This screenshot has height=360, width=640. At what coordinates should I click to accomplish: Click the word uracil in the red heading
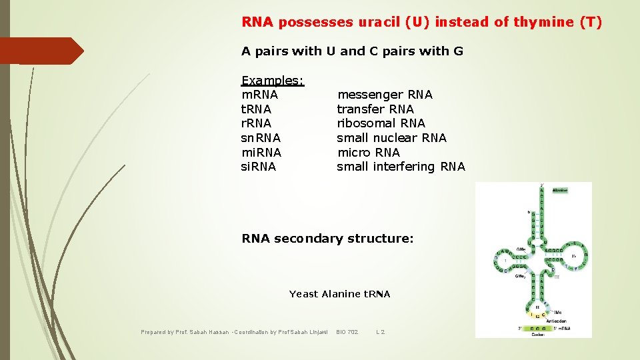375,22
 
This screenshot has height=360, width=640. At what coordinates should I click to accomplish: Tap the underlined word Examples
272,80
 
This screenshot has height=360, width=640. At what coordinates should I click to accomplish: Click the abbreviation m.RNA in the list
259,95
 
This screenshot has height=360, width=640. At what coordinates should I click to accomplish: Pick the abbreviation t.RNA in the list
257,109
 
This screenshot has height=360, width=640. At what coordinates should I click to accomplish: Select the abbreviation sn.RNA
261,137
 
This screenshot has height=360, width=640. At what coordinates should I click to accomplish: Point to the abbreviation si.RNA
258,166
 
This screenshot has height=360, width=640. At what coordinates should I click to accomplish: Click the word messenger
371,95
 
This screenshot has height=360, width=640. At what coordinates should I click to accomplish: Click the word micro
354,152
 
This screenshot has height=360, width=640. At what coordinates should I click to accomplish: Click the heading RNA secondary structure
327,238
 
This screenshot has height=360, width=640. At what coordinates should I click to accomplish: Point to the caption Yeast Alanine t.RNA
339,293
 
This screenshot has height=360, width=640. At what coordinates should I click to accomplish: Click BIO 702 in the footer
347,331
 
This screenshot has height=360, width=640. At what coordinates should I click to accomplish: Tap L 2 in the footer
381,331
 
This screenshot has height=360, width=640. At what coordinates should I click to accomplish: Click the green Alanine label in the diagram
559,190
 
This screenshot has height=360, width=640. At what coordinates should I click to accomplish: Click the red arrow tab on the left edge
40,51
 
